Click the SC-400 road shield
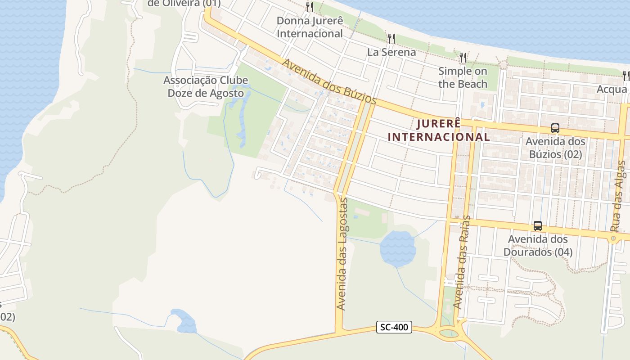394,327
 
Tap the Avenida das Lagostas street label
342,254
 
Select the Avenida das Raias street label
462,262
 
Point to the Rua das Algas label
618,197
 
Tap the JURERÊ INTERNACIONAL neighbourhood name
439,130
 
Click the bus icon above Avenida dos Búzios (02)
555,128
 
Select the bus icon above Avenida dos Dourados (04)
537,226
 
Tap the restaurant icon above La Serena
391,39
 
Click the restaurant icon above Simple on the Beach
463,57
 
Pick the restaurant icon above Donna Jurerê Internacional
310,7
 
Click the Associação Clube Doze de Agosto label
206,87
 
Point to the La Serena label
391,52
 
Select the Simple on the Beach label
463,77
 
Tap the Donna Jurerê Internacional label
310,27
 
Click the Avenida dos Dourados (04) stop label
538,245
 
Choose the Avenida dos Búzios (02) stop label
555,148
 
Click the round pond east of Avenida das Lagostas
397,248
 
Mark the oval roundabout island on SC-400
448,333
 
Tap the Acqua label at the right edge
612,89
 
